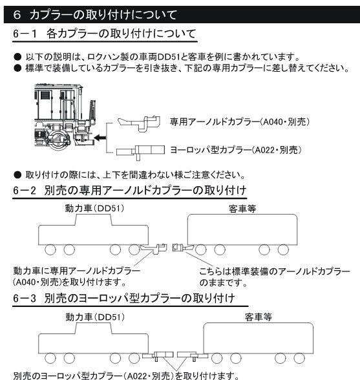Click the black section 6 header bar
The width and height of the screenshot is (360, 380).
pyautogui.click(x=182, y=14)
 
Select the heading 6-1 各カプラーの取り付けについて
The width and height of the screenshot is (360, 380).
pyautogui.click(x=105, y=34)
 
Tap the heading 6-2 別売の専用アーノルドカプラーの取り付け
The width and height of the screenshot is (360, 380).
pyautogui.click(x=130, y=191)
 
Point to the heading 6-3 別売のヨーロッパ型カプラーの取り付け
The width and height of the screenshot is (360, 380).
pyautogui.click(x=124, y=299)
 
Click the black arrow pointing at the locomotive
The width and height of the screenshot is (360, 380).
pyautogui.click(x=100, y=138)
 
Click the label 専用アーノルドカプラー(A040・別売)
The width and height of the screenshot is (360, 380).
pyautogui.click(x=240, y=121)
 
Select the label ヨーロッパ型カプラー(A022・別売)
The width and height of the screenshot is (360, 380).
pyautogui.click(x=236, y=150)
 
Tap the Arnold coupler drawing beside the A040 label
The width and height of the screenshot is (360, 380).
pyautogui.click(x=139, y=123)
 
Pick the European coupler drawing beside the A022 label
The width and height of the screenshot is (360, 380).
pyautogui.click(x=141, y=151)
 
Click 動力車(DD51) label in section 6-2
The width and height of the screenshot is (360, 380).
pyautogui.click(x=94, y=208)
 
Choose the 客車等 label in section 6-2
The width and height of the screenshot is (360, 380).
pyautogui.click(x=242, y=209)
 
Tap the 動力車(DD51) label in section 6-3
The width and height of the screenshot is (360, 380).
pyautogui.click(x=95, y=317)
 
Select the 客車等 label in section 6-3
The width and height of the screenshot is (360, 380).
pyautogui.click(x=259, y=317)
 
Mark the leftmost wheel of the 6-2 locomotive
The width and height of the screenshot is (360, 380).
pyautogui.click(x=50, y=250)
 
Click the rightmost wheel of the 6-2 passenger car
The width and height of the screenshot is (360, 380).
pyautogui.click(x=283, y=250)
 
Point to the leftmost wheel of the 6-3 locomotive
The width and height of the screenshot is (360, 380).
pyautogui.click(x=50, y=358)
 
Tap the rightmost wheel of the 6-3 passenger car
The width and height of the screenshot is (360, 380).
pyautogui.click(x=299, y=358)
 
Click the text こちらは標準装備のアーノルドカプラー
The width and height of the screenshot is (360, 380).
pyautogui.click(x=275, y=271)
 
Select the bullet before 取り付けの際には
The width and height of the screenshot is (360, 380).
pyautogui.click(x=17, y=175)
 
